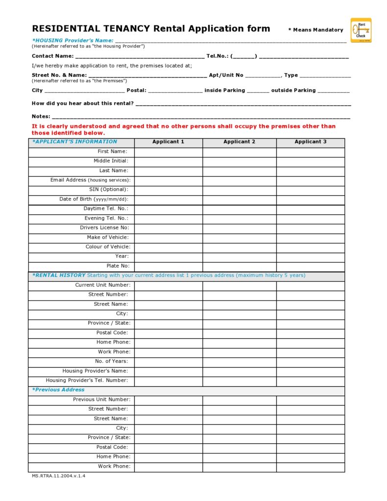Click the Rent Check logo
point(361,30)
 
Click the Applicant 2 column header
point(240,142)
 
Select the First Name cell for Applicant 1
point(169,152)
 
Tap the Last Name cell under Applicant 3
point(311,171)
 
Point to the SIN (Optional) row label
point(109,190)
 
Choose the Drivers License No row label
point(104,228)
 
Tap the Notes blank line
point(201,117)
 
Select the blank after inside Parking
point(258,91)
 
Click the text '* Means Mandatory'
point(315,30)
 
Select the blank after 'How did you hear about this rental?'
point(243,104)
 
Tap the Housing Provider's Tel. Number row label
point(87,381)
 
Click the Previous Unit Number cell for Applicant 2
point(240,400)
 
